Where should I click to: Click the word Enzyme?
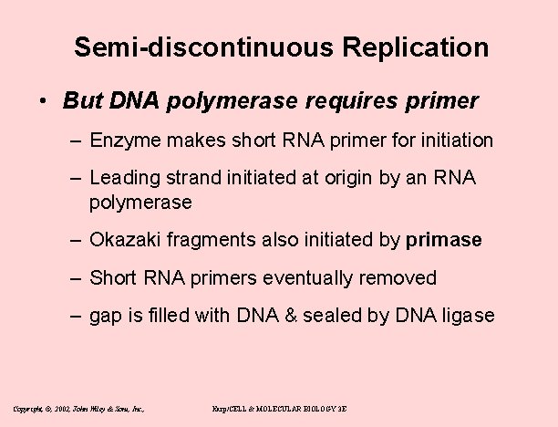[x=124, y=141]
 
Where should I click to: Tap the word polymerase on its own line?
[x=140, y=202]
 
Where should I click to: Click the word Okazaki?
[x=126, y=240]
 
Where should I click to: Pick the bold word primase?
[x=443, y=240]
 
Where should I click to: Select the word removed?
[x=401, y=277]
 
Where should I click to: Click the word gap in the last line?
[x=106, y=316]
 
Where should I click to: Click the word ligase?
[x=469, y=316]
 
